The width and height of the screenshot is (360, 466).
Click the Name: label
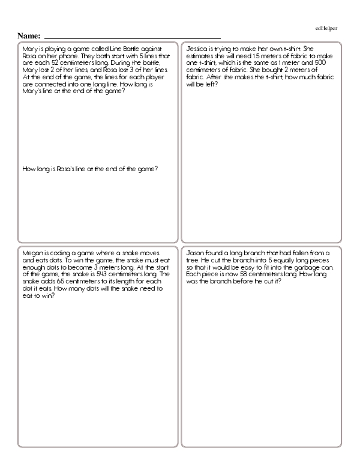click(x=29, y=36)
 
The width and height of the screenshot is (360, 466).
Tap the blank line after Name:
click(x=132, y=37)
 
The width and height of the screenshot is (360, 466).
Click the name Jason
click(x=197, y=253)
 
